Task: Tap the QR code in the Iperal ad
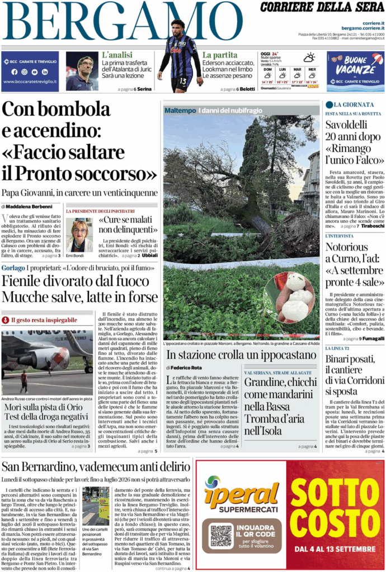click(221, 535)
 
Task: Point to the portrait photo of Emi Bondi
click(79, 235)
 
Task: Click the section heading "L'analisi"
click(117, 55)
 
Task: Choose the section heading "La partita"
click(220, 55)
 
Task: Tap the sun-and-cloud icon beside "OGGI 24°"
click(309, 57)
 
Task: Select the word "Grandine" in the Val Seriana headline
click(265, 382)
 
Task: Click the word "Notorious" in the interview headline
click(347, 247)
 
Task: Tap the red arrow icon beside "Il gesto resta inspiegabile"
click(6, 320)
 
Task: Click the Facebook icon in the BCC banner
click(14, 71)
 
